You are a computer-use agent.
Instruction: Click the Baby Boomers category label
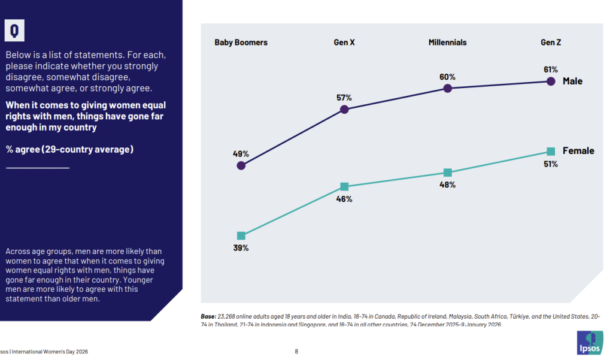(241, 43)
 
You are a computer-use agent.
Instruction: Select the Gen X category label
(344, 43)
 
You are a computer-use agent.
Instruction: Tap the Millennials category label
(447, 43)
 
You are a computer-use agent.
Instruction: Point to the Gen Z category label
(550, 43)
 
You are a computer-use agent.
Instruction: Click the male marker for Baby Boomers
(241, 165)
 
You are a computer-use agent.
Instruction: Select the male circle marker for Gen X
(344, 109)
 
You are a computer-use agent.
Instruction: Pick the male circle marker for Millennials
(447, 89)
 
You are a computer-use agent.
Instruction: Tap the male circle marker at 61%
(551, 81)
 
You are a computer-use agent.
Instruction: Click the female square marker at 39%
(241, 236)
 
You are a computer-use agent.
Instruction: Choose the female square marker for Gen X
(344, 187)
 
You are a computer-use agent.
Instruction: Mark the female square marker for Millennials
(447, 173)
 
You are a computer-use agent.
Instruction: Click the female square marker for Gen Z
(551, 151)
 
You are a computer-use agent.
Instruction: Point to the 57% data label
(344, 97)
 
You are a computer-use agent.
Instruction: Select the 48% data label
(447, 185)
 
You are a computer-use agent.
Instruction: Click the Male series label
(572, 81)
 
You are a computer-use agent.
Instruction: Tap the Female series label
(578, 151)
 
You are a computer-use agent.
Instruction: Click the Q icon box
(14, 29)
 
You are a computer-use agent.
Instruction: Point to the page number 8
(296, 352)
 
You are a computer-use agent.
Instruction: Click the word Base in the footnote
(209, 316)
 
